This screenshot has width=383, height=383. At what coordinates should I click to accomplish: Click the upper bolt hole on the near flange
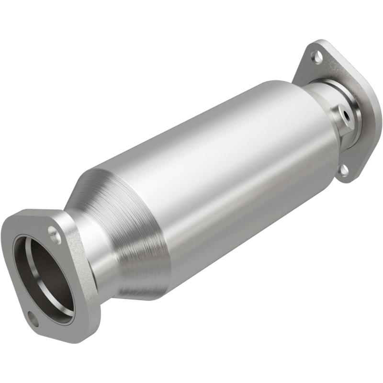coord(54,235)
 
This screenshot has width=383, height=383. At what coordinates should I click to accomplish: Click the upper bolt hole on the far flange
coord(316,58)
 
